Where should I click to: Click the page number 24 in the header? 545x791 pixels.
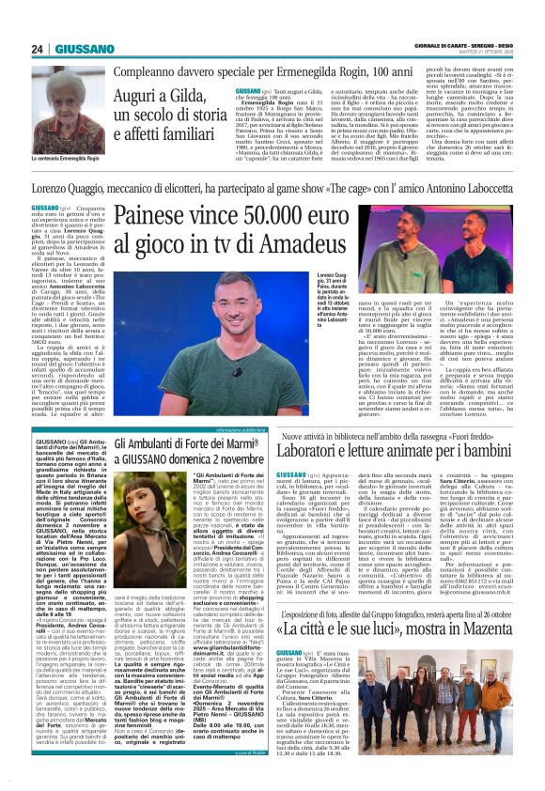click(x=39, y=49)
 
